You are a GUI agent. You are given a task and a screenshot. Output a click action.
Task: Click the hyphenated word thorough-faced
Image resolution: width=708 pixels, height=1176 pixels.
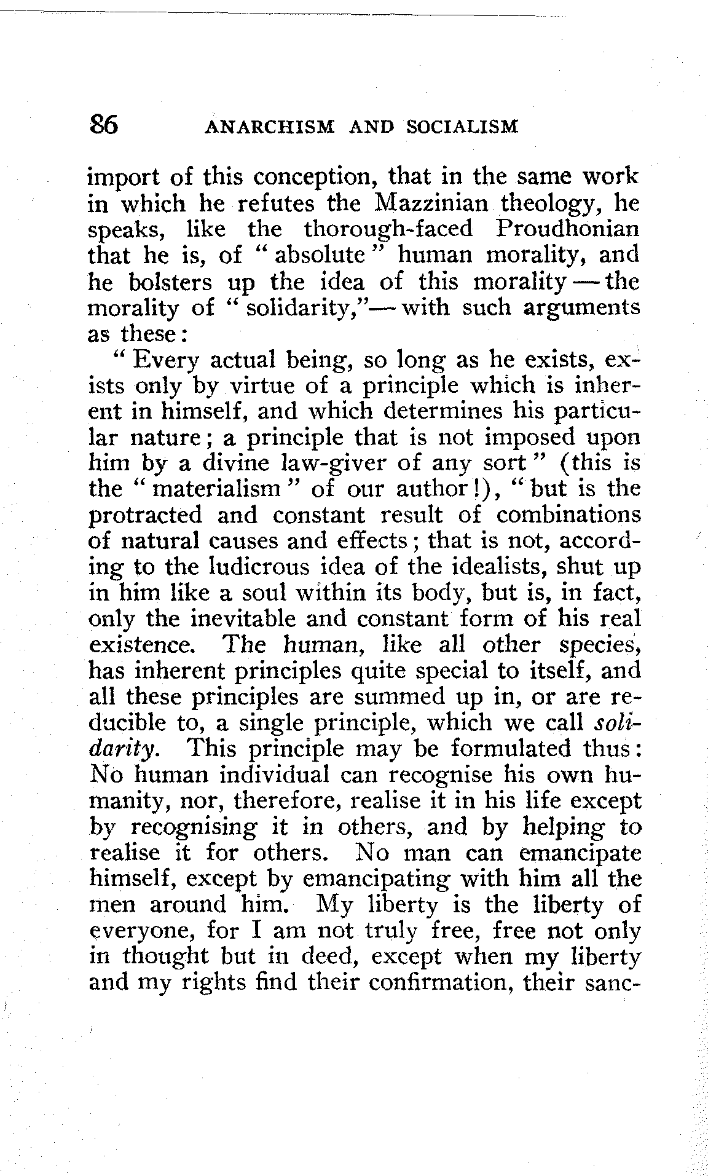388,229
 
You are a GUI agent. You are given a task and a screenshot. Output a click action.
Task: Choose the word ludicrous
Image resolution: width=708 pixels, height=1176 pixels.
259,566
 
